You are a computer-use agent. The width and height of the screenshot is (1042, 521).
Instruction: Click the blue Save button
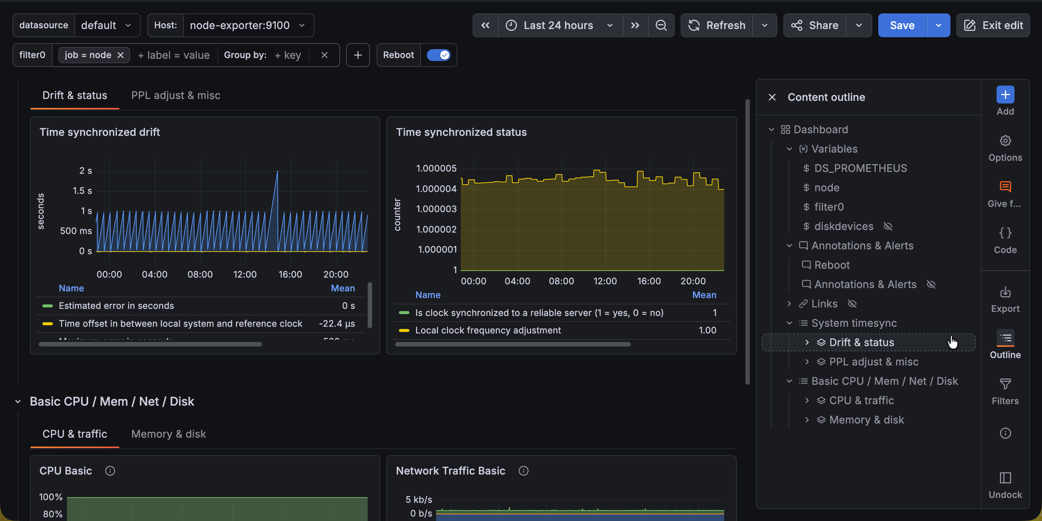click(x=902, y=25)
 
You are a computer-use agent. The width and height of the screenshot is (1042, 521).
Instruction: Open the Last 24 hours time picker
click(x=558, y=25)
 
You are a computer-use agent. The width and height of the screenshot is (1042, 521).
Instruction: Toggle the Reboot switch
click(x=438, y=55)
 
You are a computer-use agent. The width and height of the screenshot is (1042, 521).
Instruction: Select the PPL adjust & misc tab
click(x=176, y=96)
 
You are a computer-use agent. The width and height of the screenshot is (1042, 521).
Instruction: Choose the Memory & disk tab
click(x=168, y=434)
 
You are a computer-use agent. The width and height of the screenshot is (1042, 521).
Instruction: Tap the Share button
click(x=815, y=25)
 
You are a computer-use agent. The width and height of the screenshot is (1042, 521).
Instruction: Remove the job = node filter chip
click(x=121, y=55)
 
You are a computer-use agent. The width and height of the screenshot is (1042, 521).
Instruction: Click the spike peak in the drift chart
click(x=278, y=171)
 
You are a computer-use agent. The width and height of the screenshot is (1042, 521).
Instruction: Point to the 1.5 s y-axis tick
click(x=82, y=191)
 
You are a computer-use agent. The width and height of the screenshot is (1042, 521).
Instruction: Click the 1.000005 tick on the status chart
click(x=436, y=168)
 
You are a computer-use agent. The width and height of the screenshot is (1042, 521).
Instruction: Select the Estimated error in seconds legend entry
click(x=116, y=306)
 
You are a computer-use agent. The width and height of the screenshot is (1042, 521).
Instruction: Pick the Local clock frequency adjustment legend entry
click(x=488, y=330)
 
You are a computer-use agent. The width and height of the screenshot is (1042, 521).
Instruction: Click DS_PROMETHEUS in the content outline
click(x=860, y=168)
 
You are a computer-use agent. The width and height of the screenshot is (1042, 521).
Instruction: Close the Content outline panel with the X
click(x=772, y=97)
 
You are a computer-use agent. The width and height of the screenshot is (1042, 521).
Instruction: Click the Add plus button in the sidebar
click(x=1005, y=95)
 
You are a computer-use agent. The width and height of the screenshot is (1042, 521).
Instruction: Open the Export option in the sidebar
click(x=1005, y=299)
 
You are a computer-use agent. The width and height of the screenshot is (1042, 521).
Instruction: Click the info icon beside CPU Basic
click(x=110, y=471)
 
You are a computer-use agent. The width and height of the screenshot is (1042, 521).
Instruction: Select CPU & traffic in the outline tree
click(x=861, y=400)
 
